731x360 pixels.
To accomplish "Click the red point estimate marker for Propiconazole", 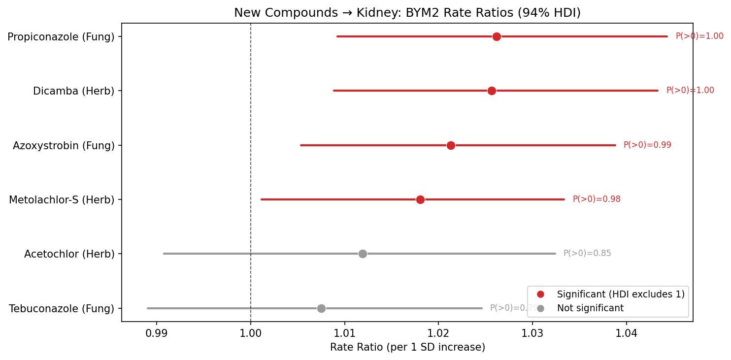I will click(497, 36).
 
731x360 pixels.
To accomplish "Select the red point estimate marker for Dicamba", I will click(492, 91).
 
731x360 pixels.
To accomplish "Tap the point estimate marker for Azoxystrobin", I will click(451, 145).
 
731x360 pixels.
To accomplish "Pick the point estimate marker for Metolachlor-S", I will click(420, 199).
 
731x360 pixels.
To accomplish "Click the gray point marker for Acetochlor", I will click(363, 254).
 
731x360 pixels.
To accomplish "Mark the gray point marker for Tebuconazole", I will click(321, 308).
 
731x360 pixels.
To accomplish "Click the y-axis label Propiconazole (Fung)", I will click(61, 36).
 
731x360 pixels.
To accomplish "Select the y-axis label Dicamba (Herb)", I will click(73, 91).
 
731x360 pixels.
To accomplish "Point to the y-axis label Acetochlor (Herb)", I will click(69, 254).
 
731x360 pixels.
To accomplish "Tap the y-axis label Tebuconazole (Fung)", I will click(62, 309).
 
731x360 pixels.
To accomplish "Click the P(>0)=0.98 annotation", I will click(597, 199).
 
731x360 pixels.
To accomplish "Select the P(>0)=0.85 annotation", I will click(587, 254).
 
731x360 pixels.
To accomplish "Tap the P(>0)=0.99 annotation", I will click(647, 145).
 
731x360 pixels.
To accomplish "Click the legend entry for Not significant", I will click(590, 308).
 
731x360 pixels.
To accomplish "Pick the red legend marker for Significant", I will click(540, 295).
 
